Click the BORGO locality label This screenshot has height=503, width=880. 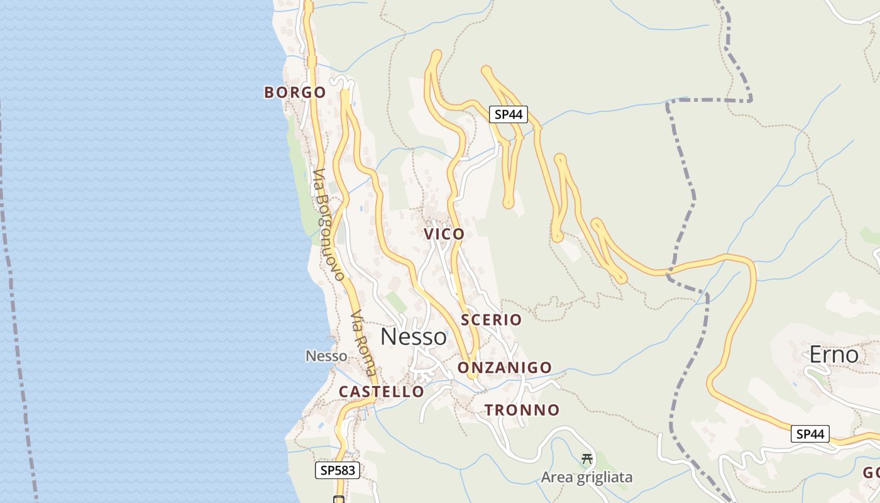coord(295,92)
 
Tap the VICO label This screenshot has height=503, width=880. coord(444,234)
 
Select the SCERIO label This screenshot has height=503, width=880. coord(491,319)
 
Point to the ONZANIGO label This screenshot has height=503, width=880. coord(505,367)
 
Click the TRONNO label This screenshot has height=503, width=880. coord(522,410)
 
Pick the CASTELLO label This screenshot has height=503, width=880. coord(381,391)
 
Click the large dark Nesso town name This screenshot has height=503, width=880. coord(414,337)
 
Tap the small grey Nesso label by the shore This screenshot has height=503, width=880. coord(326,356)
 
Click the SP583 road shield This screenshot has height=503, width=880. coord(337,470)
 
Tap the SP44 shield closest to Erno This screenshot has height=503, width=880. coord(810,434)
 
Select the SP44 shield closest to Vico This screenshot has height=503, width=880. coord(508,114)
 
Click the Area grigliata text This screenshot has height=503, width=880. coord(586,477)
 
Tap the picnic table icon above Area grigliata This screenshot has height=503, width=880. coord(587,459)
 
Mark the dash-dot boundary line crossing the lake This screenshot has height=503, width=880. coord(14,314)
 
